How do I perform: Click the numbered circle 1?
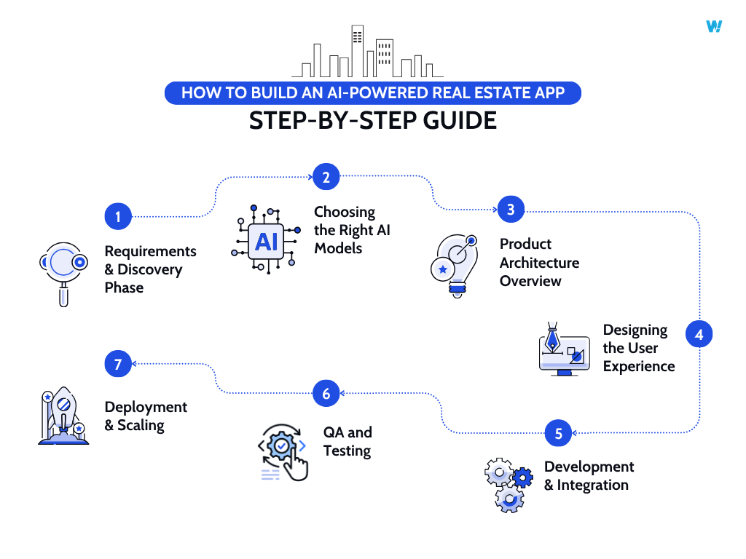click(117, 216)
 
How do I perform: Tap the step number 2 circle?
click(326, 176)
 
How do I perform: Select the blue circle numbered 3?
click(511, 210)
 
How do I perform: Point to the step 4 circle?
click(699, 335)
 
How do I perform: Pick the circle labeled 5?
click(558, 434)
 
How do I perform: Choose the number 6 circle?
click(326, 394)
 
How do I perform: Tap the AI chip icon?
click(266, 241)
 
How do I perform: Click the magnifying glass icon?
click(63, 273)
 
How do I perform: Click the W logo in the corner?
click(714, 26)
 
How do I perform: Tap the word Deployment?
click(146, 407)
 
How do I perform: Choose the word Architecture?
click(540, 262)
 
